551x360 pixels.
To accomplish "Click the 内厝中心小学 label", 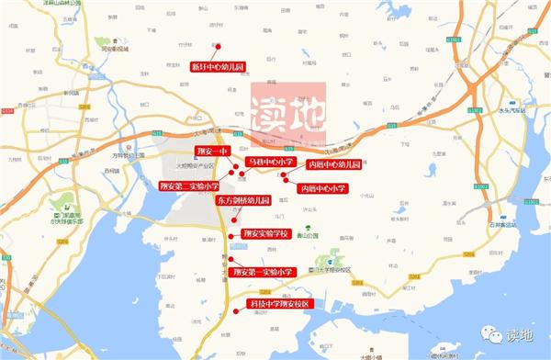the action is click(x=324, y=187).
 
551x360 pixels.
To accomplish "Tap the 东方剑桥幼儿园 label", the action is click(x=243, y=199).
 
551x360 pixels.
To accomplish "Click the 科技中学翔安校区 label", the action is click(x=281, y=303).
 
